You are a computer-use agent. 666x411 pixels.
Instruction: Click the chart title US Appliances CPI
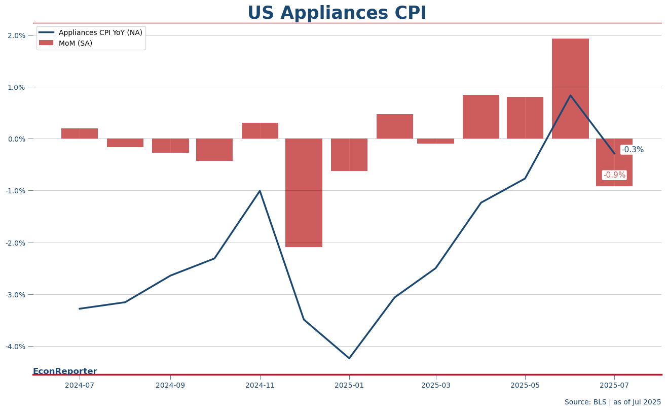pyautogui.click(x=337, y=13)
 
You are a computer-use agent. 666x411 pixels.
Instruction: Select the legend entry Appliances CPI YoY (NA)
pyautogui.click(x=91, y=32)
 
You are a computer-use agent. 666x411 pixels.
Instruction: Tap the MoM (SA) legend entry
pyautogui.click(x=66, y=43)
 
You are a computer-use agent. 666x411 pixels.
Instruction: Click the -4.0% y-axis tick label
pyautogui.click(x=16, y=347)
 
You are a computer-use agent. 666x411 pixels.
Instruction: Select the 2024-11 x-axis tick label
pyautogui.click(x=260, y=386)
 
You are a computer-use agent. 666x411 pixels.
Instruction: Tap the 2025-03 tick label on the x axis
pyautogui.click(x=436, y=386)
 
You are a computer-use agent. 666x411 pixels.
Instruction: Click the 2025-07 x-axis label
pyautogui.click(x=614, y=386)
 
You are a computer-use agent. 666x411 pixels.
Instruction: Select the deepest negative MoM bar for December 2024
pyautogui.click(x=304, y=193)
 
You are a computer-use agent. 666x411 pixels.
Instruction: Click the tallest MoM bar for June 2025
pyautogui.click(x=570, y=89)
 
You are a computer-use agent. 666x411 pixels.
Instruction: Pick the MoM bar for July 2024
pyautogui.click(x=80, y=133)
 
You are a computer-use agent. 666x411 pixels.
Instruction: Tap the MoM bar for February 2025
pyautogui.click(x=394, y=126)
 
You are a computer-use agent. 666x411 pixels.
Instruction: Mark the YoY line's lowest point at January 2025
pyautogui.click(x=349, y=358)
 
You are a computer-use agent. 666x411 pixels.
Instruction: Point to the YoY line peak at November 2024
pyautogui.click(x=260, y=191)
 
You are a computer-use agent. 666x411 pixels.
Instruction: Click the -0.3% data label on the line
pyautogui.click(x=633, y=150)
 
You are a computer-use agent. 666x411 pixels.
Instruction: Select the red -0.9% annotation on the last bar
pyautogui.click(x=614, y=175)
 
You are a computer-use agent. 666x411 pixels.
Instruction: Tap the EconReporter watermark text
pyautogui.click(x=65, y=371)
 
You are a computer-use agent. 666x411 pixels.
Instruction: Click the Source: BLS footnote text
pyautogui.click(x=612, y=402)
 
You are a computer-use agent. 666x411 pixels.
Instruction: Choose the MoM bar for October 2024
pyautogui.click(x=214, y=150)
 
